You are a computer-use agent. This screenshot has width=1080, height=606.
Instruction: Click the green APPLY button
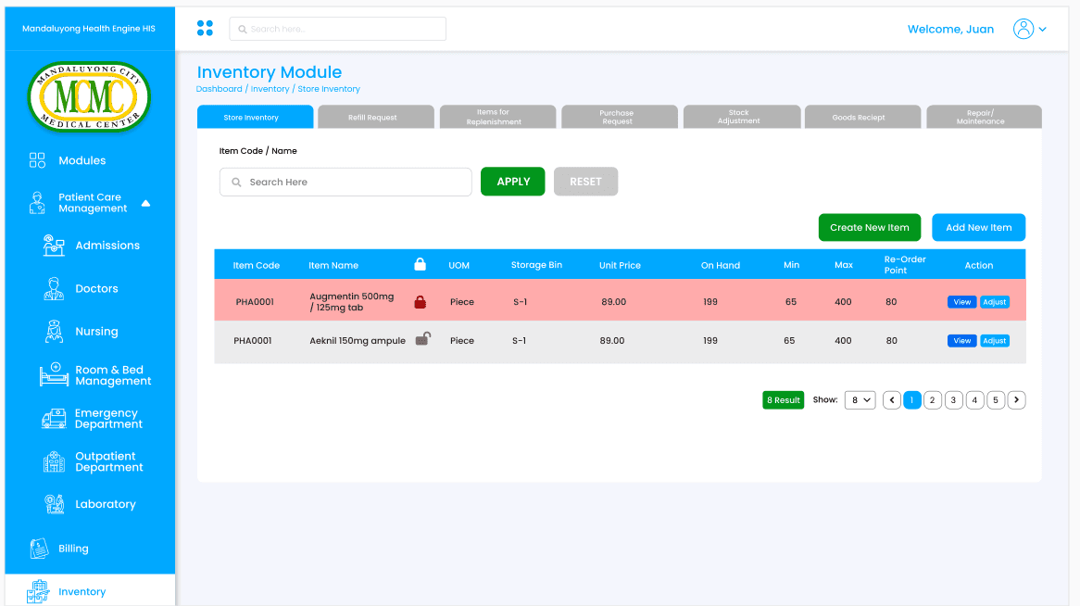(512, 182)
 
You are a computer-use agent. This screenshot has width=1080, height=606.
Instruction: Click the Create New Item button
(869, 228)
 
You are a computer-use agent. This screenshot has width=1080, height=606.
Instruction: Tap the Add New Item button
(978, 228)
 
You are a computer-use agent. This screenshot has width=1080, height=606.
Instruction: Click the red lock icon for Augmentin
(421, 302)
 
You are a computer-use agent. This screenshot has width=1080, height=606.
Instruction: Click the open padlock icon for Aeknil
(423, 338)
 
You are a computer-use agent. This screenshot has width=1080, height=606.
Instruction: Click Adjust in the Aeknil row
(995, 341)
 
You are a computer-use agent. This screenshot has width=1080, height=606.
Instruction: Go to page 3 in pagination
(953, 400)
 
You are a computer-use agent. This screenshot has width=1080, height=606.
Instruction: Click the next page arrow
(1017, 400)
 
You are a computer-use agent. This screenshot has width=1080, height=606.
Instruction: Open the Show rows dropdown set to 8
(860, 400)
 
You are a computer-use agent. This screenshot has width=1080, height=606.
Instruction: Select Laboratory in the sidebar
(90, 504)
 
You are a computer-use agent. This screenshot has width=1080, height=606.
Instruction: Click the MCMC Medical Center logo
(89, 96)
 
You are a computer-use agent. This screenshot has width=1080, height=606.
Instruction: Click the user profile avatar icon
(1023, 29)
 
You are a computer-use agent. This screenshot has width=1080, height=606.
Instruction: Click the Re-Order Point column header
(904, 265)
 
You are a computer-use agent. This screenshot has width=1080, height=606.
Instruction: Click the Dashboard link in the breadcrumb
(219, 89)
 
